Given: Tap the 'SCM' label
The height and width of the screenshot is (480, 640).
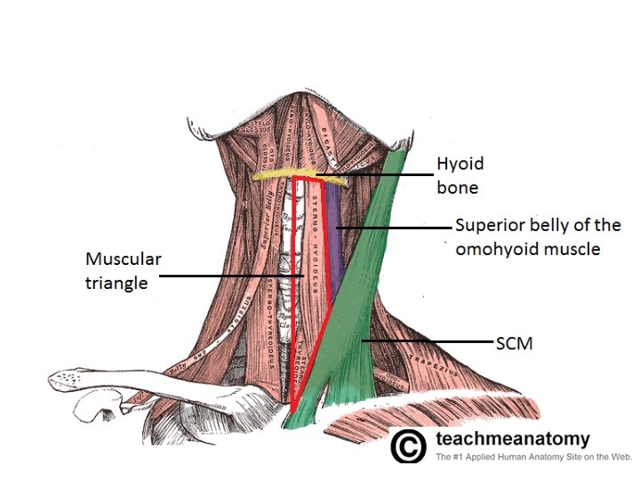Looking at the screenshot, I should coord(513,341).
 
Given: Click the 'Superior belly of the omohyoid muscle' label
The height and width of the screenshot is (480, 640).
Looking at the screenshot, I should coord(537,237).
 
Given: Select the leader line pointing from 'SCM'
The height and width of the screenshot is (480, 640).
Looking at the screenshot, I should coord(427,340).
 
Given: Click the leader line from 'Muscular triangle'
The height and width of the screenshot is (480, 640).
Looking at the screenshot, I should coord(231,276).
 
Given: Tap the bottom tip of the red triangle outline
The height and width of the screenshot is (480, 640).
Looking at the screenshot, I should coord(292,412).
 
